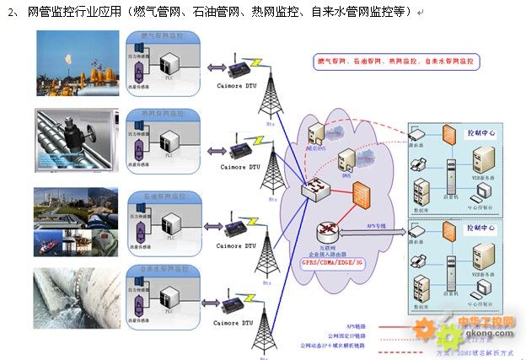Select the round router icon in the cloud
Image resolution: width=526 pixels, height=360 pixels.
point(326,230)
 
